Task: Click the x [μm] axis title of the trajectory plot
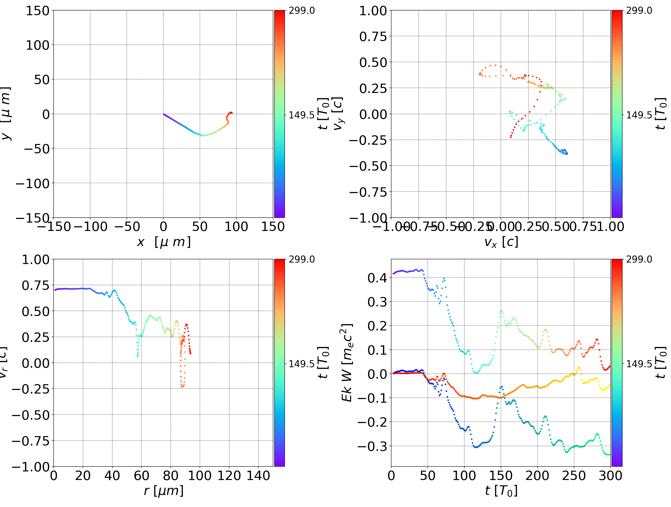click(x=164, y=242)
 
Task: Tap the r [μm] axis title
click(x=164, y=491)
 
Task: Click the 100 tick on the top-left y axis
click(x=37, y=45)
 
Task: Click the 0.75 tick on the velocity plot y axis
click(x=373, y=37)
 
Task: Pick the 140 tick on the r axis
click(x=258, y=476)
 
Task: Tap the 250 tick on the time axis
click(x=574, y=476)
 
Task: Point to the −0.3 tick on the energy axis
click(x=373, y=446)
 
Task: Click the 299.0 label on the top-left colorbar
click(x=301, y=11)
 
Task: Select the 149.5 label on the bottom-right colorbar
click(x=639, y=363)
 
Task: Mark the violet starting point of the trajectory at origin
click(x=164, y=114)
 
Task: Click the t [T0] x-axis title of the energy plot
click(x=501, y=491)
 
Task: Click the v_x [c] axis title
click(x=501, y=242)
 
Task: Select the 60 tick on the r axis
click(x=141, y=476)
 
